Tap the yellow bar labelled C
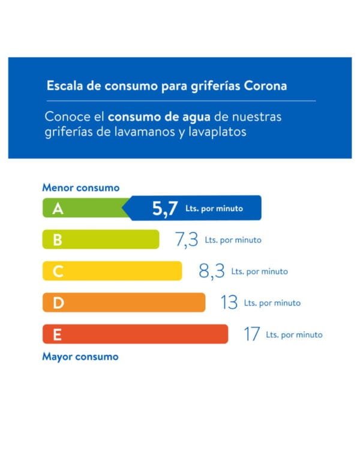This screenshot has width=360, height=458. tap(112, 271)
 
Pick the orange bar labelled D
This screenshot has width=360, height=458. tap(123, 303)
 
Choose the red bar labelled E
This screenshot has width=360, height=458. tap(135, 334)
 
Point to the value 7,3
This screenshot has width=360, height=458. tap(186, 240)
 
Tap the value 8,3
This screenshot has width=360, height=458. tap(212, 272)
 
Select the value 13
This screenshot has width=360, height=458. tap(229, 303)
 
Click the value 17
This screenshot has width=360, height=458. tap(251, 334)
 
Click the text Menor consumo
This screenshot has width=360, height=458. tap(80, 188)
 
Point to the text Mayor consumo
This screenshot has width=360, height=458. tap(80, 357)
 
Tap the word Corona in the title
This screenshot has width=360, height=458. tap(265, 86)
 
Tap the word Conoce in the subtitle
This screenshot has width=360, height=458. tap(67, 116)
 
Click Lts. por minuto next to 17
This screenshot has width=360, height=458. tap(294, 335)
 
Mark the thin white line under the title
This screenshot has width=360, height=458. tap(180, 101)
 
